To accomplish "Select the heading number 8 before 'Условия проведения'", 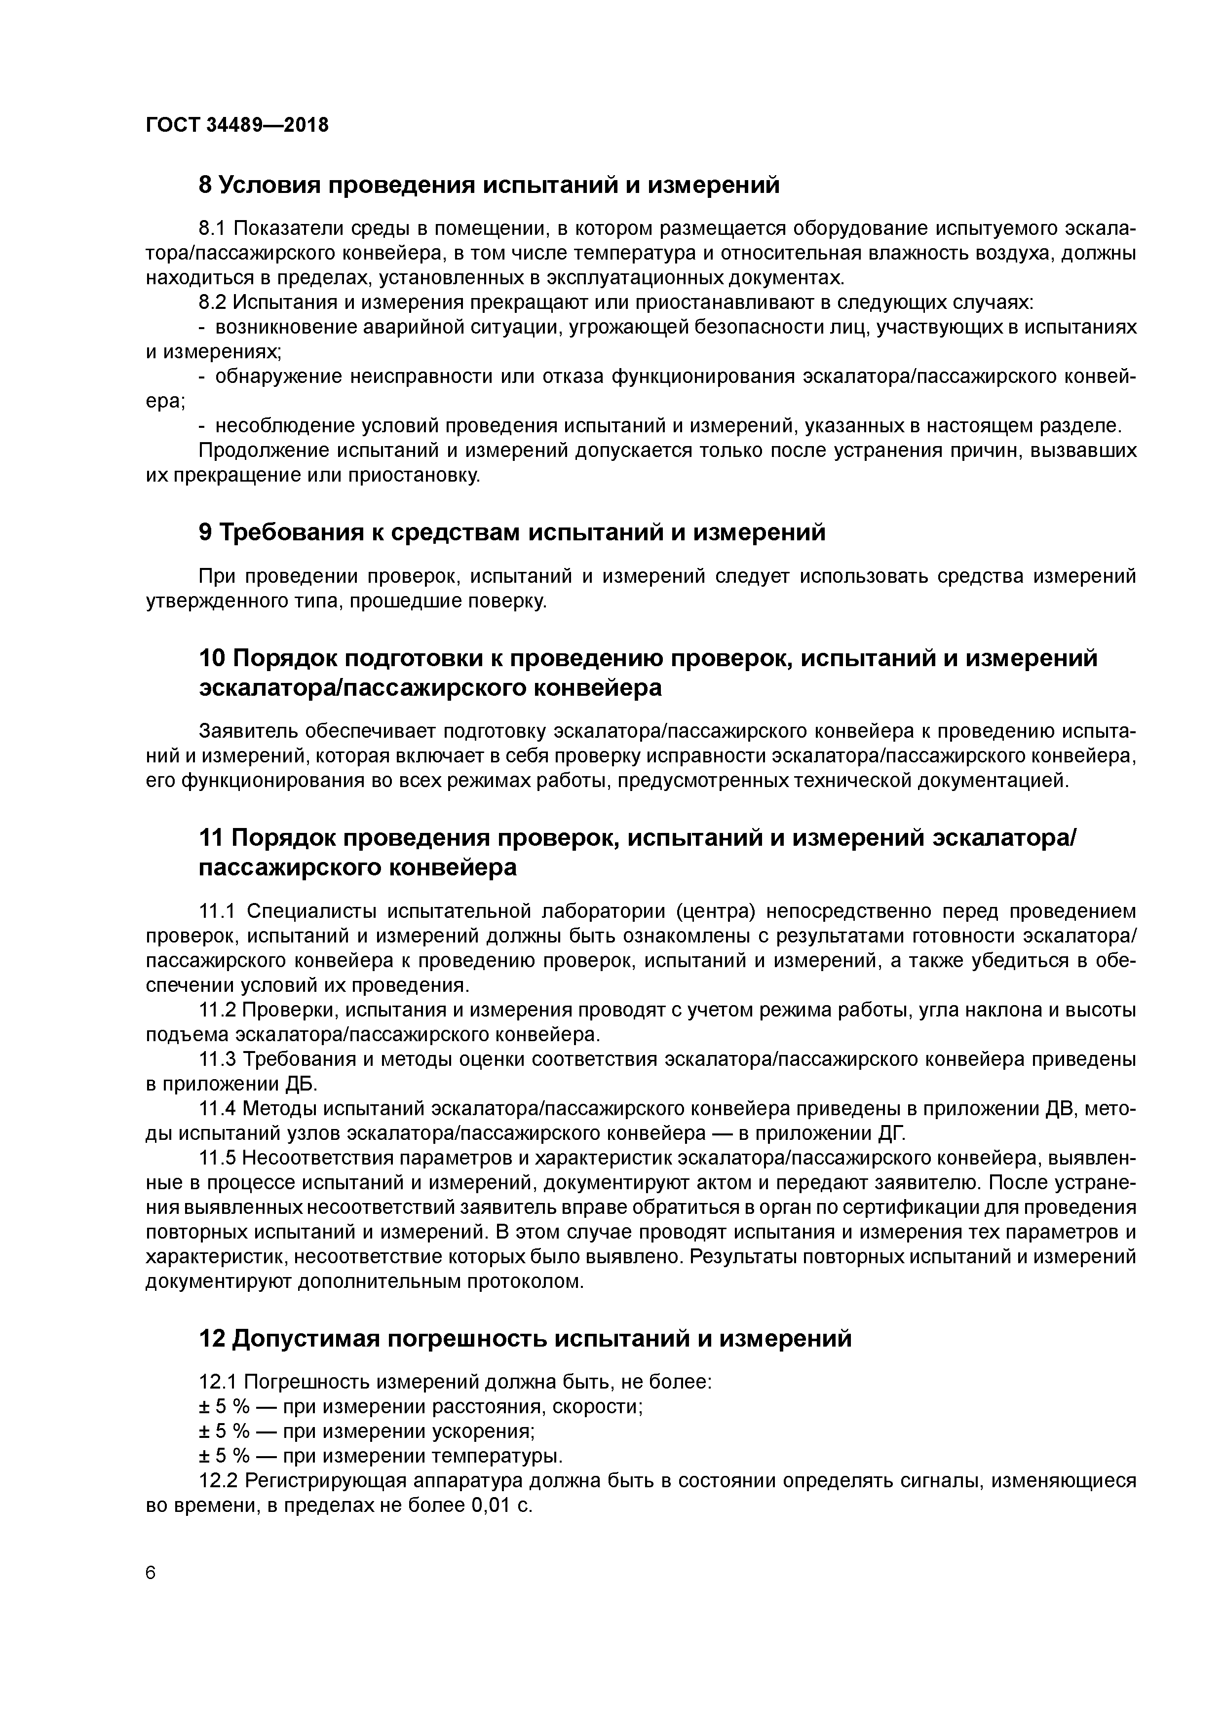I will pos(206,185).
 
